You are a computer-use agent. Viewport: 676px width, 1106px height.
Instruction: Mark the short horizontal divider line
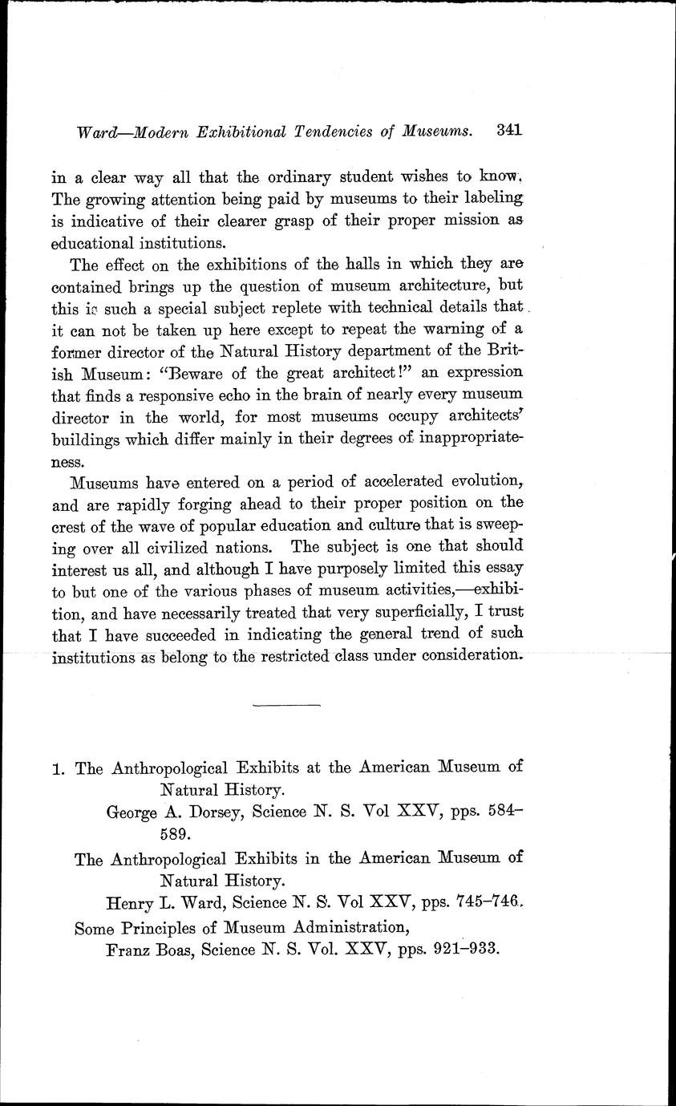click(286, 705)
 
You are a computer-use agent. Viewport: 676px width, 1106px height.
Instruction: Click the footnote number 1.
click(57, 768)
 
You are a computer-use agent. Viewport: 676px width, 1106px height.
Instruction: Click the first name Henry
click(130, 903)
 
